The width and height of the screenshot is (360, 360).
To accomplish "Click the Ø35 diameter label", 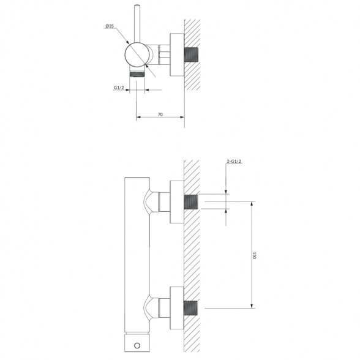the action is click(x=110, y=26).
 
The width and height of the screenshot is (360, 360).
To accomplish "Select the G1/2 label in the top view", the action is click(x=119, y=88).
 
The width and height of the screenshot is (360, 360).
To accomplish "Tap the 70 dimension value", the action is click(x=160, y=114).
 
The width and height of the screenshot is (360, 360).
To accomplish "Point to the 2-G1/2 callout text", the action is click(x=234, y=162).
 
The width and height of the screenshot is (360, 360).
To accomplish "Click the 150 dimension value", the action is click(x=254, y=255).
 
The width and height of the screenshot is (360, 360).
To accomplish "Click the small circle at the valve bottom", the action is click(x=137, y=345).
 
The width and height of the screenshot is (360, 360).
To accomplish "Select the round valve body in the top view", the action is click(x=137, y=54).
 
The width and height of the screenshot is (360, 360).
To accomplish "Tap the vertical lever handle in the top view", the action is click(x=137, y=23).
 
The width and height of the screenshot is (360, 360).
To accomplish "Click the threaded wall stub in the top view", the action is click(x=191, y=54).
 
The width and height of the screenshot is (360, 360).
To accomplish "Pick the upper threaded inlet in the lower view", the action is click(x=191, y=202).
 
